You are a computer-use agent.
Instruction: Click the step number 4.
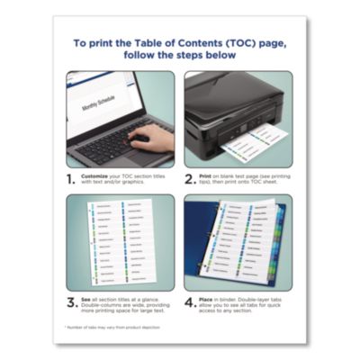click(x=192, y=303)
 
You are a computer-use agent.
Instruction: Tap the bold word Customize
click(x=97, y=171)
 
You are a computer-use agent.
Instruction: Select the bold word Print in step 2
click(x=211, y=171)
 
